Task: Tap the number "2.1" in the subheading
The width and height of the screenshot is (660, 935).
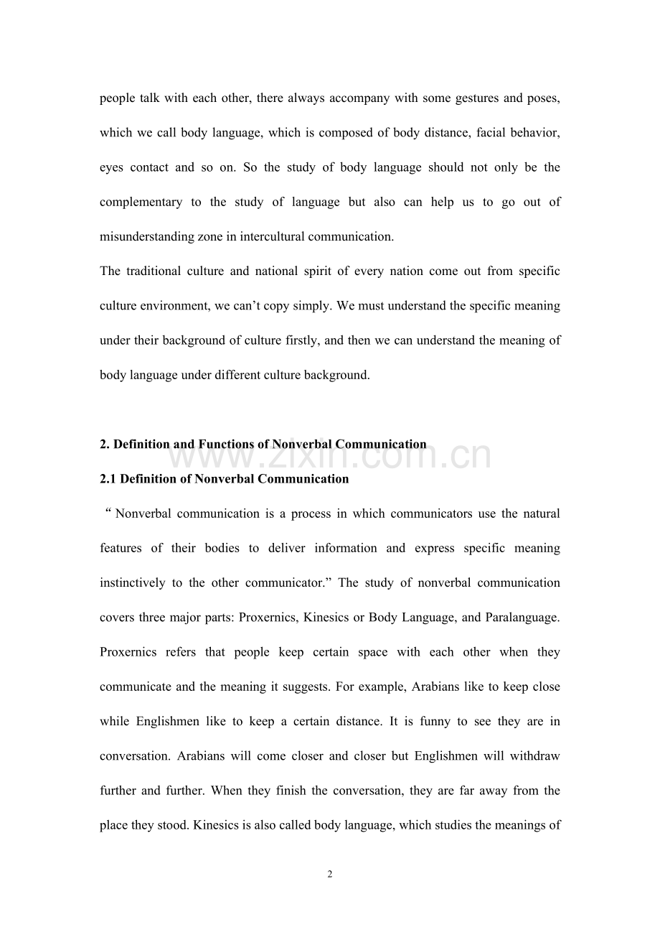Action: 108,479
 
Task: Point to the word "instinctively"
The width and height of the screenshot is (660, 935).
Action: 132,583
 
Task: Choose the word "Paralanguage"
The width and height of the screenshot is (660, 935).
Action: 522,618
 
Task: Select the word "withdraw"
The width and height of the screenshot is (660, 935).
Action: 536,756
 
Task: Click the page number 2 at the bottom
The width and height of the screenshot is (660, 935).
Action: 330,874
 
